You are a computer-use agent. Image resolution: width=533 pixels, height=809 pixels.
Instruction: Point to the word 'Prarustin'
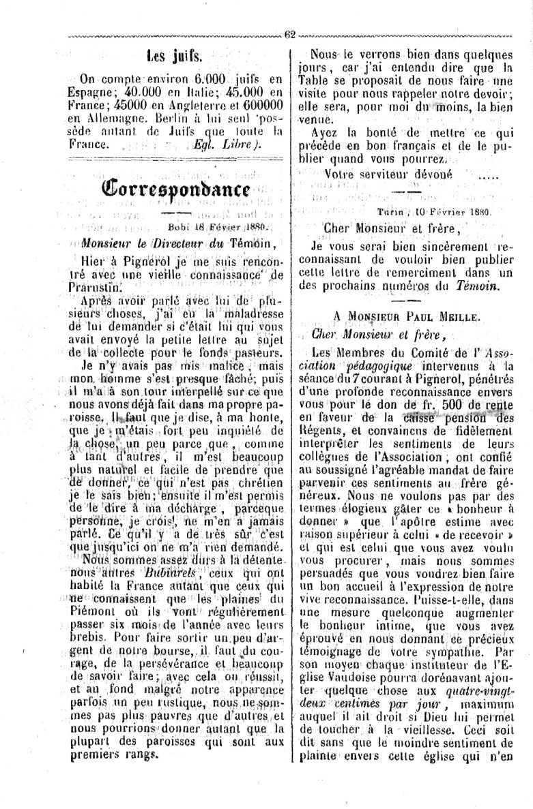[x=102, y=287]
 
